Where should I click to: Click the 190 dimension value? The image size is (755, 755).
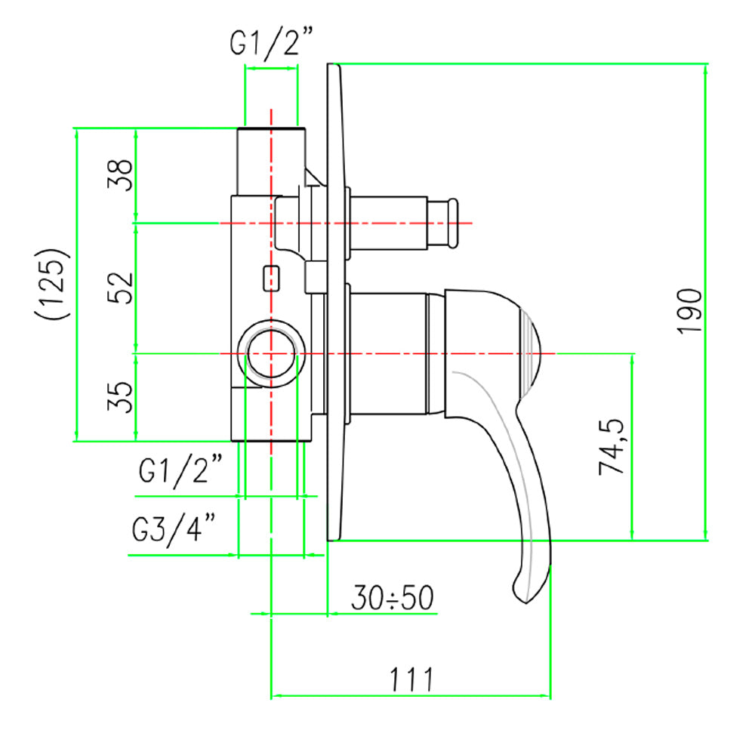[x=689, y=310]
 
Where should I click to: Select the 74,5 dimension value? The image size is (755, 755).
[x=611, y=447]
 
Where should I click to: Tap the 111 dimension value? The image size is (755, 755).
[x=411, y=679]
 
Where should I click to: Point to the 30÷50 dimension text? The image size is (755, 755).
[x=393, y=597]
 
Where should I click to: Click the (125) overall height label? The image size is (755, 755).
[x=52, y=283]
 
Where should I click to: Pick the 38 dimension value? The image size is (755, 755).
[x=119, y=175]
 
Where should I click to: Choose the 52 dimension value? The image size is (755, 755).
[x=119, y=288]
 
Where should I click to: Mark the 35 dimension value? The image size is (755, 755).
[x=119, y=397]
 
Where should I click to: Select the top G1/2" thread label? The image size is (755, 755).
[x=271, y=42]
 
